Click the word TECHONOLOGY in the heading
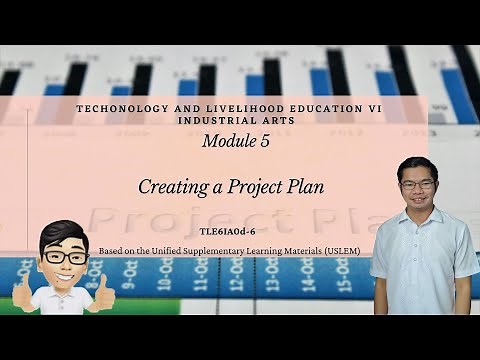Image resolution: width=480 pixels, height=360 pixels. click(119, 106)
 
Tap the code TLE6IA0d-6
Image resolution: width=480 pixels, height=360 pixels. click(239, 227)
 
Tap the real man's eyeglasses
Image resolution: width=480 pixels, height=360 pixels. click(417, 185)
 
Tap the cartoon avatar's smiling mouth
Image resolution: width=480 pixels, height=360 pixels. click(66, 275)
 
